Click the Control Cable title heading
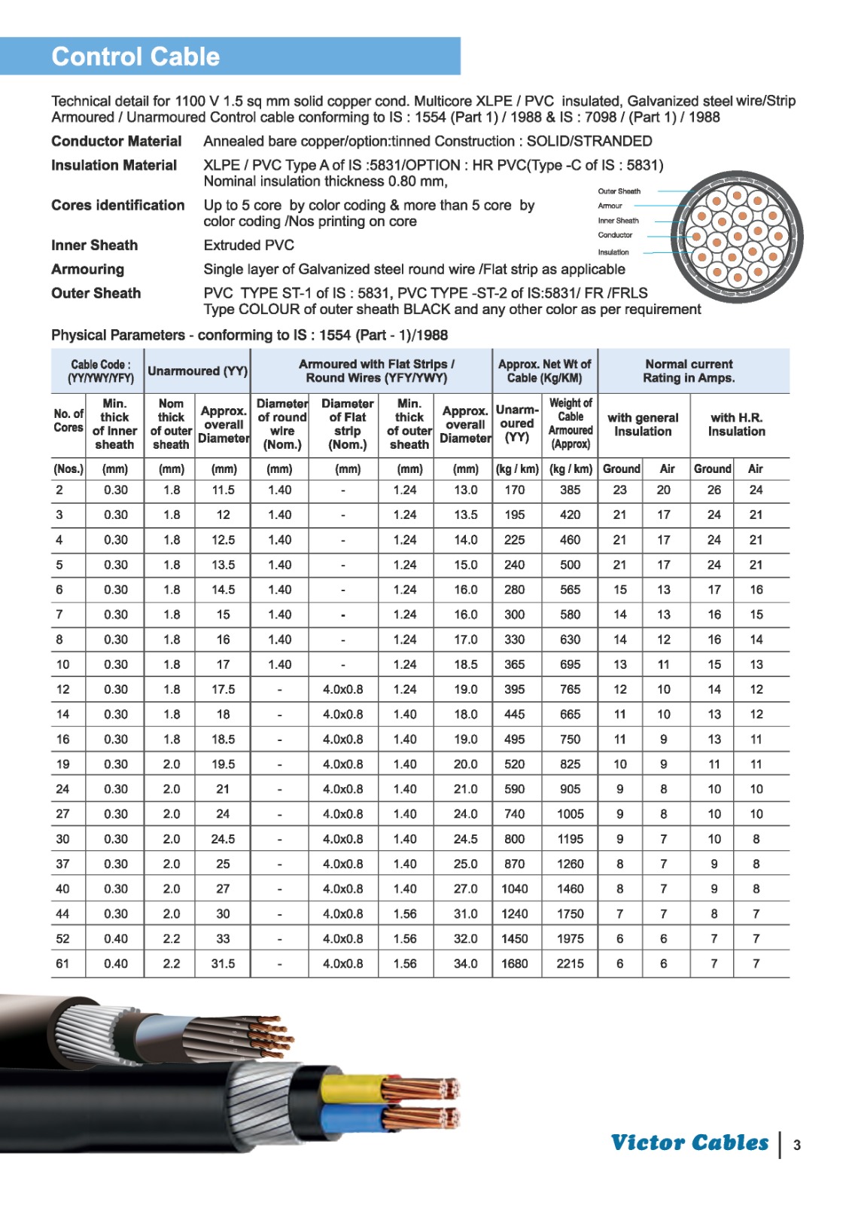(135, 56)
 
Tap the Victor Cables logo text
(689, 1142)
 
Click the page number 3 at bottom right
(796, 1145)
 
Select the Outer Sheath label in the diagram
(619, 191)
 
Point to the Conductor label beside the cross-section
(615, 235)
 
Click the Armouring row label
(87, 269)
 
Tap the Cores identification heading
(117, 205)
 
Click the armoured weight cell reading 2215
(570, 963)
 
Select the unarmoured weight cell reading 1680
(515, 963)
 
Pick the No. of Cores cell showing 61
(62, 963)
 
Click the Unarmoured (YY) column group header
(197, 371)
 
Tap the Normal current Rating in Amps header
(689, 371)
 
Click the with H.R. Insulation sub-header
(736, 424)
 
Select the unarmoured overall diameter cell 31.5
(223, 963)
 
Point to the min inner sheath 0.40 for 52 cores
(116, 938)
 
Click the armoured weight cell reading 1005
(570, 813)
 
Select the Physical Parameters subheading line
(249, 335)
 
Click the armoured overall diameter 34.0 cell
(465, 963)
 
